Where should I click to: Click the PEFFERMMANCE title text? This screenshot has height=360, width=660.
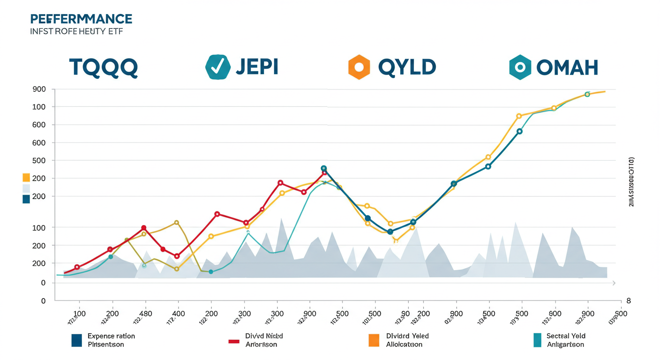(x=81, y=19)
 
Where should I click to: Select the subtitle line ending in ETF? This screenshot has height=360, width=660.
(x=76, y=31)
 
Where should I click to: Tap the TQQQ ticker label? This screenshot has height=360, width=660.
(x=103, y=67)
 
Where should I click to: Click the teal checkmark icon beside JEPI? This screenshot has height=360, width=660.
(x=217, y=67)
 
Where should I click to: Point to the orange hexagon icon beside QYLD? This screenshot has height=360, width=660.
(x=359, y=67)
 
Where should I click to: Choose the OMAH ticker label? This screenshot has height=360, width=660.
(x=567, y=68)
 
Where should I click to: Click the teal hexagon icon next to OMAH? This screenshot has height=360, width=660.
(x=520, y=67)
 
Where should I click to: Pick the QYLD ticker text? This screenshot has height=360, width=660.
(x=406, y=67)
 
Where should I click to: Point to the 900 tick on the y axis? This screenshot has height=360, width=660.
(x=39, y=90)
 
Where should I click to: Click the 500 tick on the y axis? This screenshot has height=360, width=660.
(x=39, y=161)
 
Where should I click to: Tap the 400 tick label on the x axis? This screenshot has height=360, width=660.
(x=178, y=314)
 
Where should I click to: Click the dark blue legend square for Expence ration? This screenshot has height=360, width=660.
(x=77, y=340)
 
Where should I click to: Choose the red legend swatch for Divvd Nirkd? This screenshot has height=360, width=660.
(x=234, y=341)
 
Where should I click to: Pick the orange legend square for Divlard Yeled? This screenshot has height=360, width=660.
(x=374, y=340)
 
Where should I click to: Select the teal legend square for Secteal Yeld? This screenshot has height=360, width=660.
(x=537, y=340)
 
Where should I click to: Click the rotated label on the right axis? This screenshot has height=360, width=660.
(x=631, y=182)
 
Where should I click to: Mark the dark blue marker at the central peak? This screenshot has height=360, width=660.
(x=323, y=168)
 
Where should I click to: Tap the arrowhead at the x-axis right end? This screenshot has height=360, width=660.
(x=614, y=283)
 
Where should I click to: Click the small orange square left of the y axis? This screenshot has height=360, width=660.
(x=26, y=178)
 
